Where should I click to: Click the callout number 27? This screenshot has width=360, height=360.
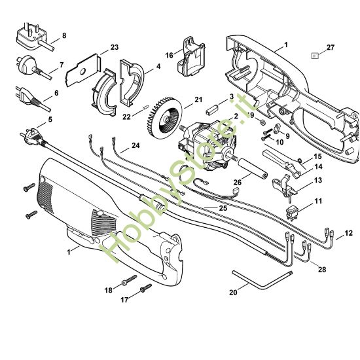(331, 48)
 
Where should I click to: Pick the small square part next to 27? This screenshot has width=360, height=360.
(315, 56)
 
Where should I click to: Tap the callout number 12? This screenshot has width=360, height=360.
(349, 232)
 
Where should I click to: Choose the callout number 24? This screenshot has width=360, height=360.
(135, 145)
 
